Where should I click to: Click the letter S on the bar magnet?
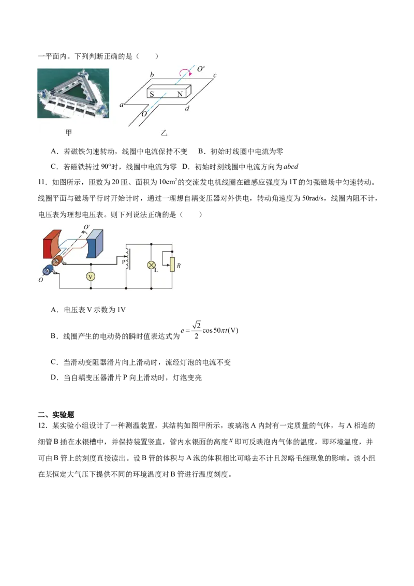click(152, 94)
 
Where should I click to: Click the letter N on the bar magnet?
click(180, 94)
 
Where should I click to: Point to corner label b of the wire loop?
click(152, 76)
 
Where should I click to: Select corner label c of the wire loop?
click(215, 76)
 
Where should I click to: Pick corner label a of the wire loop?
click(122, 105)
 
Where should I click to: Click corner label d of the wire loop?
click(187, 109)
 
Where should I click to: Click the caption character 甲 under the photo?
click(68, 133)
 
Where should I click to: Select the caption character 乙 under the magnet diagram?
click(164, 133)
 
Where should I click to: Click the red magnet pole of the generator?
click(53, 243)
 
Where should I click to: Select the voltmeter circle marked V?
click(91, 276)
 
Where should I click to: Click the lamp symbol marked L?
click(151, 265)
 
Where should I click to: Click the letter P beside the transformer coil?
click(123, 262)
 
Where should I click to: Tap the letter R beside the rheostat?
click(179, 266)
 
